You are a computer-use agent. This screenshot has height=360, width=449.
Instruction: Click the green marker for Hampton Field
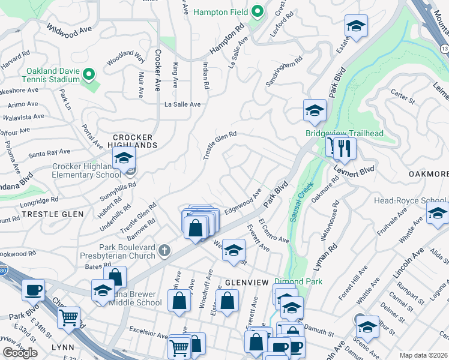(258, 11)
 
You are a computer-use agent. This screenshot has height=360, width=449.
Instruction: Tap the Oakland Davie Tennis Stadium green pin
(89, 74)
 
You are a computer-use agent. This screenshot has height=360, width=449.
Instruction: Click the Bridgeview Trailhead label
(344, 133)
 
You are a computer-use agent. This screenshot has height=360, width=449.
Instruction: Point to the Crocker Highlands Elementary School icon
(124, 160)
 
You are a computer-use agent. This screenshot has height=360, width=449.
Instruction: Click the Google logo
(20, 353)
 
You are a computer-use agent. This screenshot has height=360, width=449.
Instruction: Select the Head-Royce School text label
(410, 200)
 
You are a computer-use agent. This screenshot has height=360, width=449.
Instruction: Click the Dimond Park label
(298, 281)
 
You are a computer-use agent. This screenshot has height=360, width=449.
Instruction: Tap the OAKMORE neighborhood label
(429, 174)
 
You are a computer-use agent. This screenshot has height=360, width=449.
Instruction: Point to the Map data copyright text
(423, 355)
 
